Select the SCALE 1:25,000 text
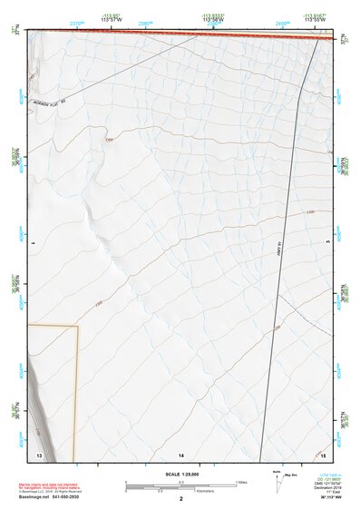tap(180, 474)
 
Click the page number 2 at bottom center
tap(180, 498)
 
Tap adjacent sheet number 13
tap(38, 453)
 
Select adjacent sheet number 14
tap(180, 453)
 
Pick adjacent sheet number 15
tap(324, 453)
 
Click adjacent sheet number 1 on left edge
tap(31, 242)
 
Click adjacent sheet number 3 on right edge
tap(327, 242)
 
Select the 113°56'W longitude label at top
tap(213, 19)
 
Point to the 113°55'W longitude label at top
tap(315, 19)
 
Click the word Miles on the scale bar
tap(241, 481)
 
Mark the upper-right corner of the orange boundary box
tap(78, 325)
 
